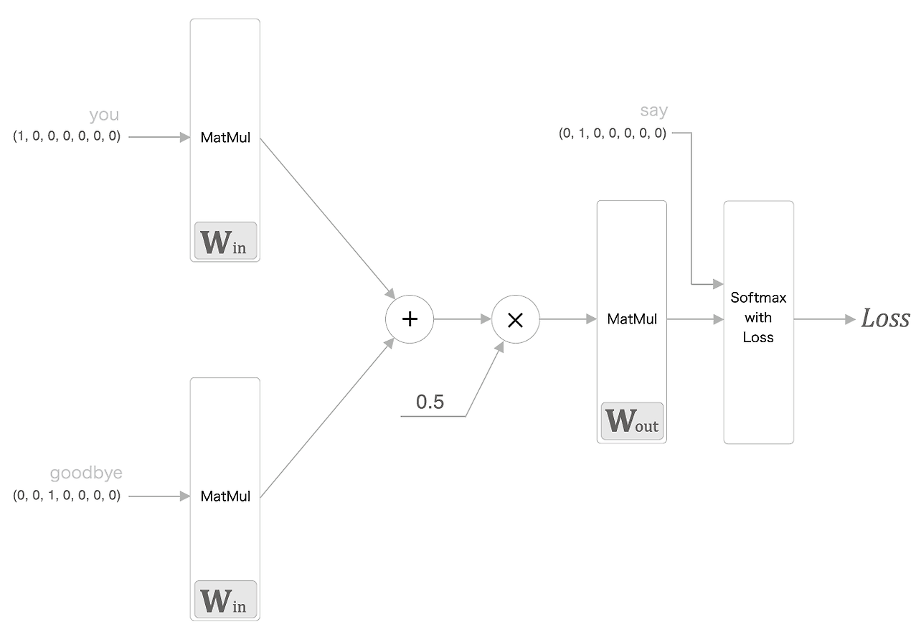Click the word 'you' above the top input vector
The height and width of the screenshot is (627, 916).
click(104, 115)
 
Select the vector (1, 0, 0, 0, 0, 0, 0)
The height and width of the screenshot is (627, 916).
click(67, 136)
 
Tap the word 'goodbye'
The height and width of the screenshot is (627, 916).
click(86, 473)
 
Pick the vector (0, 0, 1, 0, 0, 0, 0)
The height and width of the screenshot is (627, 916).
click(67, 495)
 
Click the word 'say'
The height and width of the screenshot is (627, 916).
click(653, 110)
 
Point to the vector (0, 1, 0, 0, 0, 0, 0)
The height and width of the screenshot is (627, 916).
click(613, 133)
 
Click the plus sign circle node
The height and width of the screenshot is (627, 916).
click(410, 319)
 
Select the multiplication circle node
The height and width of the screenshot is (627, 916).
click(515, 320)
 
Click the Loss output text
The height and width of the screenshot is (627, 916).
click(885, 319)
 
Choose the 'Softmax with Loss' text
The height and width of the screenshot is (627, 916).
click(758, 317)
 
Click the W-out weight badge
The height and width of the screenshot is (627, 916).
click(632, 422)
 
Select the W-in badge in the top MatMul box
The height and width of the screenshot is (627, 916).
click(225, 241)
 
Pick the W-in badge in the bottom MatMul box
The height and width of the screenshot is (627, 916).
click(225, 600)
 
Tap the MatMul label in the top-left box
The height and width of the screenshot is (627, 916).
click(225, 138)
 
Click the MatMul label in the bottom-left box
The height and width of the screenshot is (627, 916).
click(225, 496)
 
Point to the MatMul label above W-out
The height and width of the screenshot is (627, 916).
click(632, 319)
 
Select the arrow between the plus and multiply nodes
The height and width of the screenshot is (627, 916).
click(463, 319)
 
